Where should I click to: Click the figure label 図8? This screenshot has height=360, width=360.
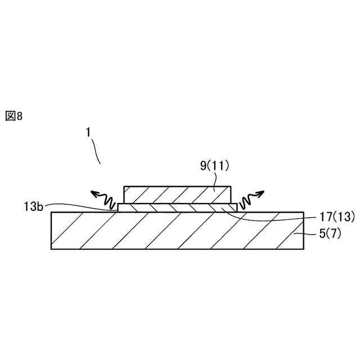tap(13, 116)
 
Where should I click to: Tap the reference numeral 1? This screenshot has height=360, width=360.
tap(88, 132)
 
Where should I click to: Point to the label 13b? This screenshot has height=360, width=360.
tap(34, 206)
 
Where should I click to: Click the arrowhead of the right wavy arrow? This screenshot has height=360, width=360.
tap(259, 194)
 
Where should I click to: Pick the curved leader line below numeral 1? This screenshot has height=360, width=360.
tap(97, 151)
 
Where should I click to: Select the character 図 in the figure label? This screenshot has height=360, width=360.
tap(10, 116)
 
